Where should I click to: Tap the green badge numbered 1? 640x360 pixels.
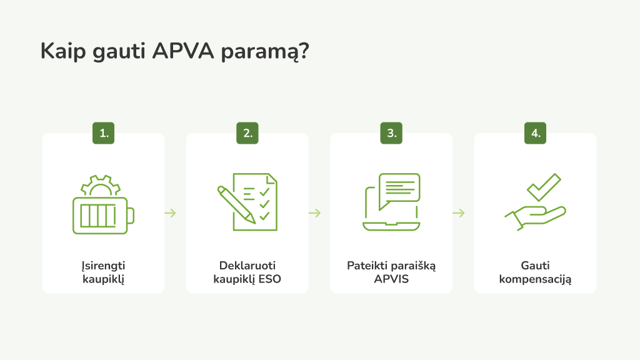[x=104, y=133]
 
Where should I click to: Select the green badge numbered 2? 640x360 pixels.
[x=247, y=133]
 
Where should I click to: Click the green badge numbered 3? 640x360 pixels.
[x=391, y=133]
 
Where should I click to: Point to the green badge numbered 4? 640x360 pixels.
[x=536, y=133]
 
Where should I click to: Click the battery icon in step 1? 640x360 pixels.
[x=102, y=215]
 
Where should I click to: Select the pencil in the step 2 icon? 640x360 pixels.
[x=236, y=204]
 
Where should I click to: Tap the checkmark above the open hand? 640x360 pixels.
[x=544, y=186]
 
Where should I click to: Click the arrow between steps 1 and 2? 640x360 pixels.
[x=170, y=213]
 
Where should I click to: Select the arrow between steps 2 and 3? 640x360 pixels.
[x=314, y=213]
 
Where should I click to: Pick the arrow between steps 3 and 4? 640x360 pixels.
[x=458, y=213]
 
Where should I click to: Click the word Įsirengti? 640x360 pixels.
[x=104, y=266]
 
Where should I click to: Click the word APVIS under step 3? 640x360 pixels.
[x=391, y=279]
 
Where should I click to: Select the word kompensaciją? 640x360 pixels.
[x=536, y=279]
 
